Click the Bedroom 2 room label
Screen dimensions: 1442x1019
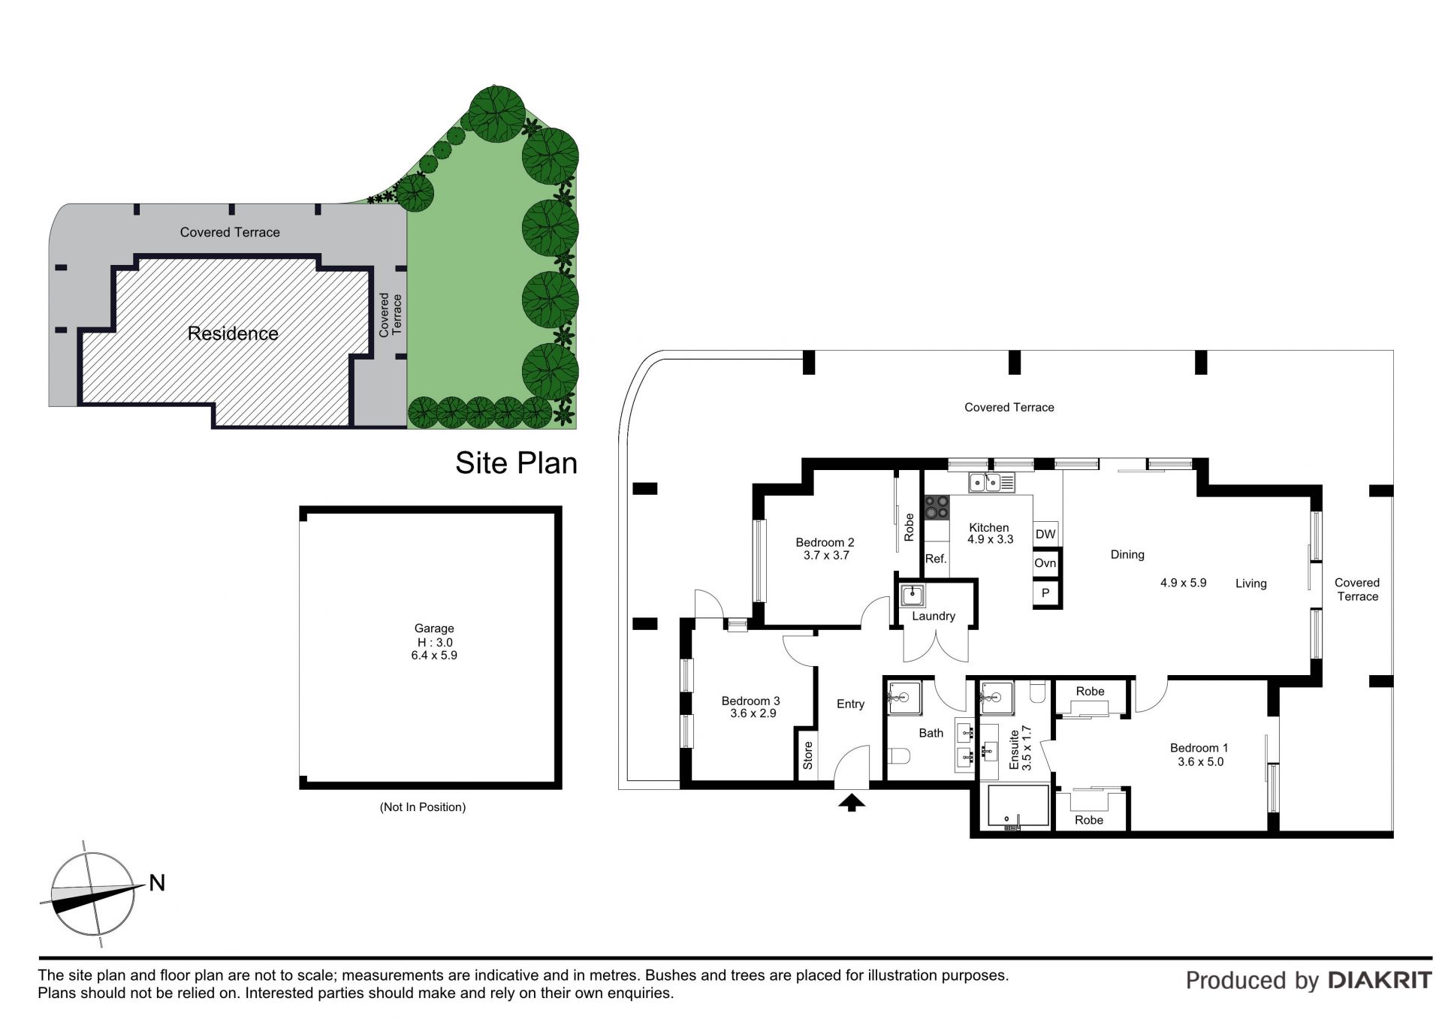point(825,542)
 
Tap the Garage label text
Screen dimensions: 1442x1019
point(434,629)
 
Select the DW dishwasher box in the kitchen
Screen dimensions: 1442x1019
point(1045,534)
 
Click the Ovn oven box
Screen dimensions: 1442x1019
point(1045,563)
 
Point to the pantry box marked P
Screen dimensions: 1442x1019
point(1045,593)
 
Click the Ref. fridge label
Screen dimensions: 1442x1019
point(936,559)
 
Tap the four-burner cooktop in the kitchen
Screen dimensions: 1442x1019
point(937,507)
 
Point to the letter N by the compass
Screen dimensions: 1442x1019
point(157,883)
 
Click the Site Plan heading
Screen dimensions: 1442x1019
point(517,463)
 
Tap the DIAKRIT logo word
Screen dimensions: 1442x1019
point(1380,980)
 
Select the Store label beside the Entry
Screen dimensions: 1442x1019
point(808,755)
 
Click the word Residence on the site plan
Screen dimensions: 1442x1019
point(233,333)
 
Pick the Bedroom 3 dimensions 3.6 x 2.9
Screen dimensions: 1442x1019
point(753,713)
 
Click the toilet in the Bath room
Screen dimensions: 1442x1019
point(898,755)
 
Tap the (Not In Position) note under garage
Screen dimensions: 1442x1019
point(423,807)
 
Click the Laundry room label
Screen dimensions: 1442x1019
point(934,617)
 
